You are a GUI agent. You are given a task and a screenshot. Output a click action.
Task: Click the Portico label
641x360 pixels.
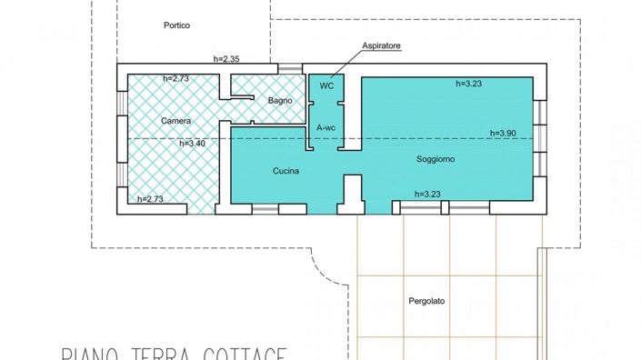tap(176, 25)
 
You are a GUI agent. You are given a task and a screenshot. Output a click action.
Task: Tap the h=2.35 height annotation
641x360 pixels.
tap(226, 59)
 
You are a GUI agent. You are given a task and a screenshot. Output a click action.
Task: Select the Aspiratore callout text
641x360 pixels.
tap(382, 45)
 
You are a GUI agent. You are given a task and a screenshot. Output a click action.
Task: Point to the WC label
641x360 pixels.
tap(326, 87)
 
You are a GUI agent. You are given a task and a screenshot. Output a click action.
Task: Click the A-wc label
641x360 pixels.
tap(326, 129)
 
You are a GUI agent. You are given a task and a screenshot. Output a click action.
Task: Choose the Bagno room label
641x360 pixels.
tap(280, 100)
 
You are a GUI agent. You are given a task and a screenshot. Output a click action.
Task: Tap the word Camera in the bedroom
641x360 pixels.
tap(176, 121)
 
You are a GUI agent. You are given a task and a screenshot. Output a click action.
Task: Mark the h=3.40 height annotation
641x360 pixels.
tap(193, 143)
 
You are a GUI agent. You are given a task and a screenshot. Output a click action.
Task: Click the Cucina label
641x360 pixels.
tap(286, 171)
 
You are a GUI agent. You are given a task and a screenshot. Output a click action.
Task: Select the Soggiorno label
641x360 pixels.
tap(436, 159)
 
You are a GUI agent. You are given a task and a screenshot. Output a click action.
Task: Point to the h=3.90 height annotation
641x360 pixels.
tap(503, 133)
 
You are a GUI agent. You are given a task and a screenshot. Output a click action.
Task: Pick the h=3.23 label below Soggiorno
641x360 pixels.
tap(427, 194)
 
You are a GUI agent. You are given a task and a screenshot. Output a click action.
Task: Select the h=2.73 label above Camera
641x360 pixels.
tap(176, 79)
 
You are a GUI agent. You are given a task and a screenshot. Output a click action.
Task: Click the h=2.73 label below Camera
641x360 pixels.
tap(150, 199)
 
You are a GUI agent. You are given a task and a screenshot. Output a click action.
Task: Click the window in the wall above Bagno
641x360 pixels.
tap(290, 68)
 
